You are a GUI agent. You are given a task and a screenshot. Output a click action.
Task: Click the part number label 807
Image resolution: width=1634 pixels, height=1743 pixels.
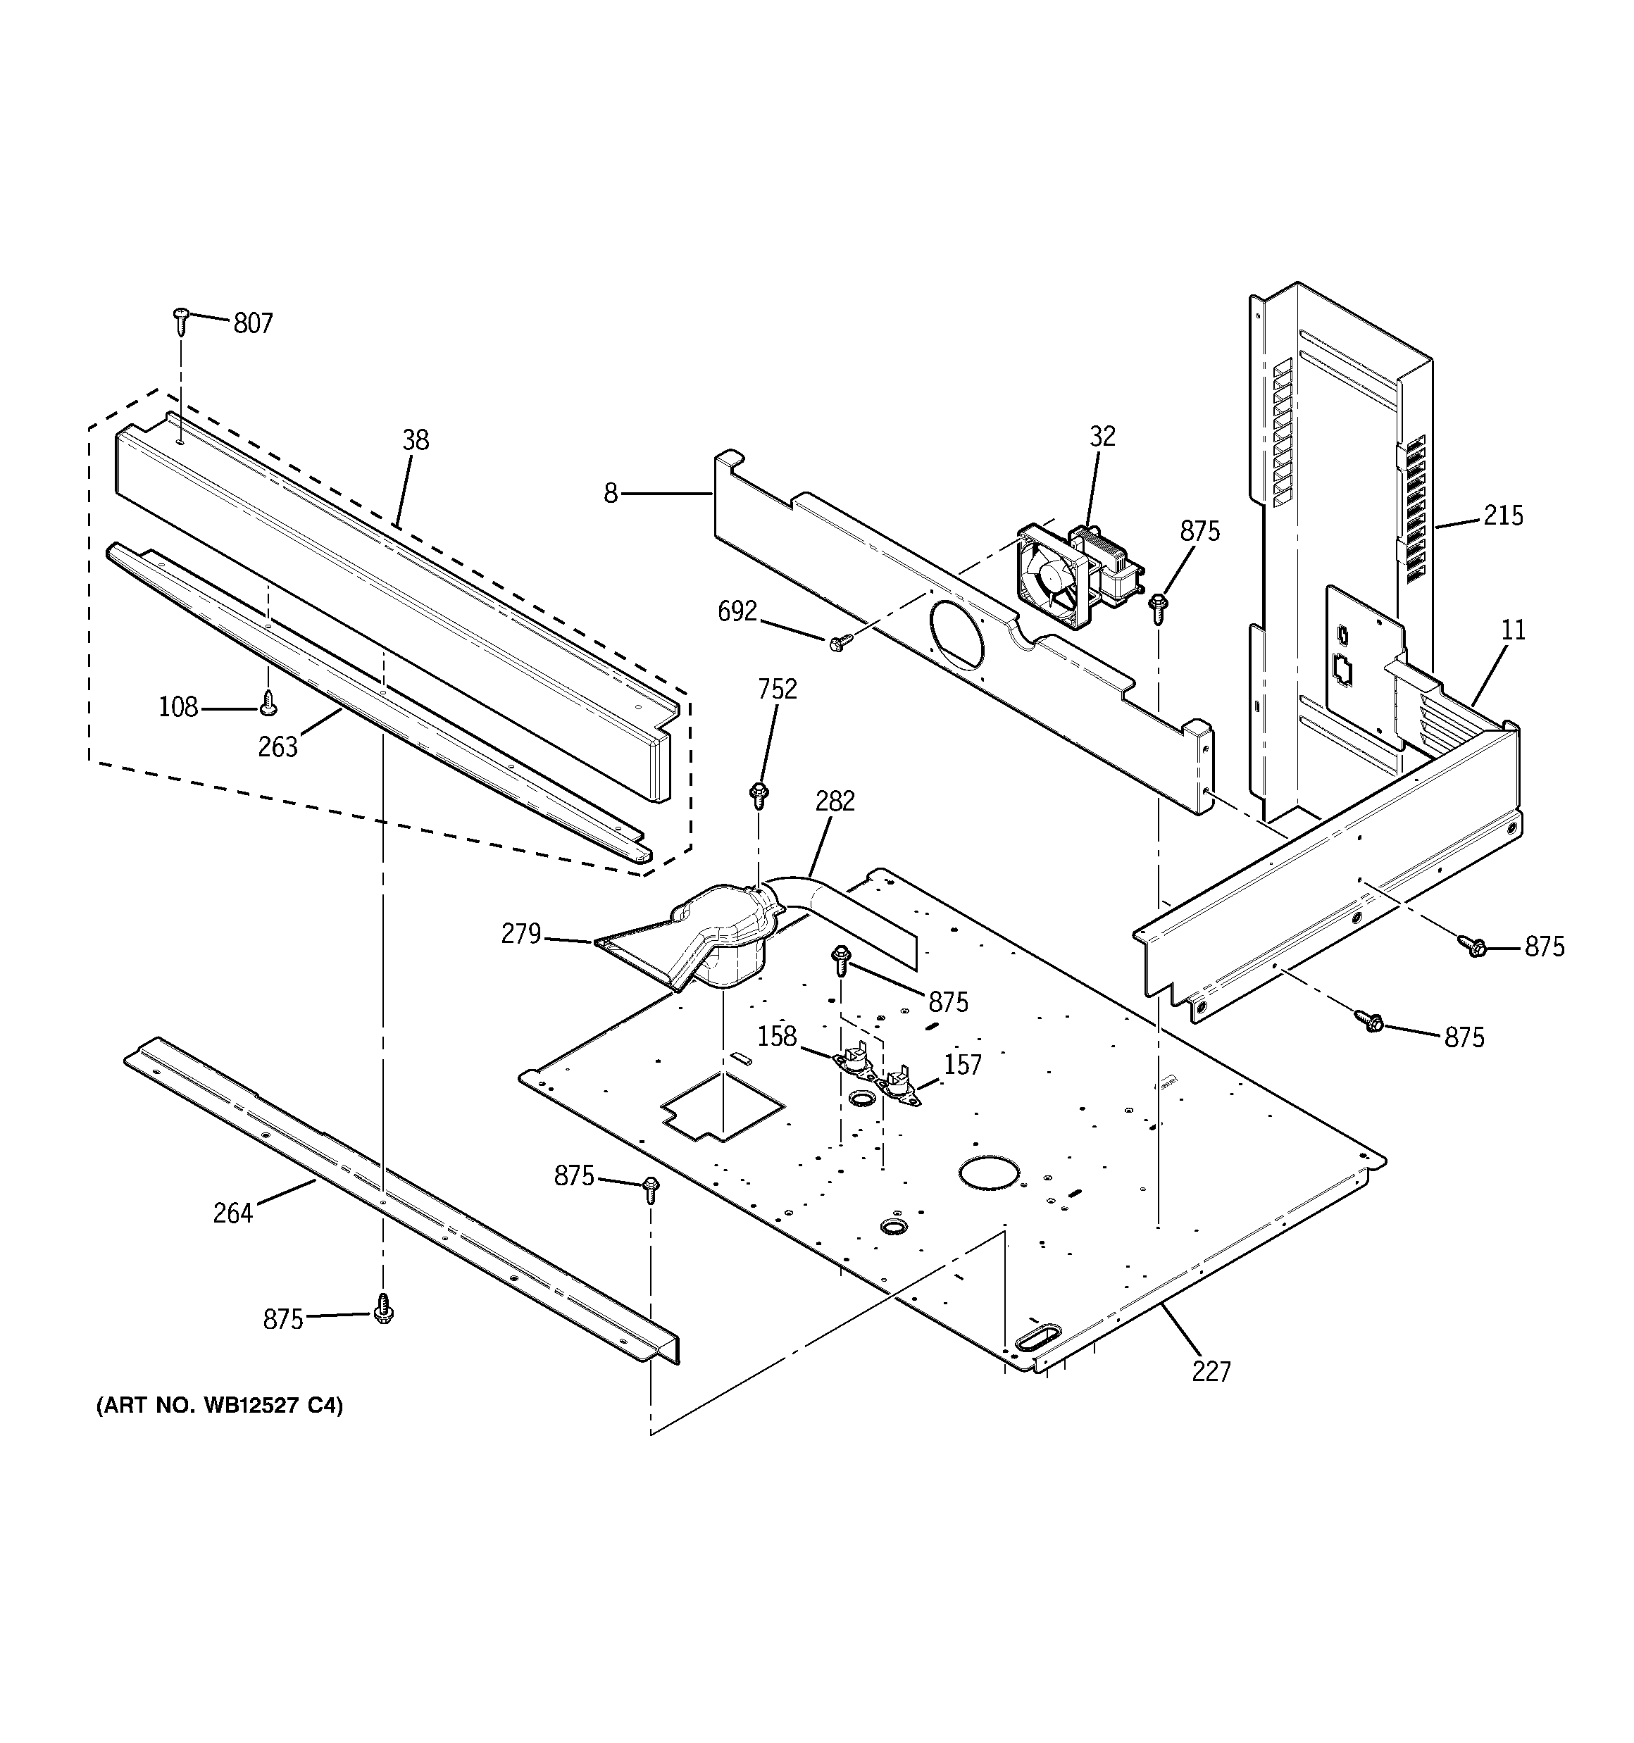253,323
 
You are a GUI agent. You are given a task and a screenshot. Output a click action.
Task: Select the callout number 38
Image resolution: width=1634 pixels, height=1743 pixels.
416,440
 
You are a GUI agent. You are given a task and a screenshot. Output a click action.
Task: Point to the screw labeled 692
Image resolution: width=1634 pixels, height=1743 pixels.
836,644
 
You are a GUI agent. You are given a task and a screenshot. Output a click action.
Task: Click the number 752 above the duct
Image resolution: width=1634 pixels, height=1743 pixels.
777,690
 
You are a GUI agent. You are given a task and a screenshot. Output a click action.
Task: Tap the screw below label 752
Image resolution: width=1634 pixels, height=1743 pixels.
759,795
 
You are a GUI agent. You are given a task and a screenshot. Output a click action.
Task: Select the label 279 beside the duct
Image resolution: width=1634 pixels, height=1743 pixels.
521,935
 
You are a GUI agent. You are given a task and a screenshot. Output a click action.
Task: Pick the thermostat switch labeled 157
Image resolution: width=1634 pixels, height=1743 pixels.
899,1087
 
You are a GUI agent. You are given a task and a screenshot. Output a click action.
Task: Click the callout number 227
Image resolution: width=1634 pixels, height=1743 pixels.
1211,1370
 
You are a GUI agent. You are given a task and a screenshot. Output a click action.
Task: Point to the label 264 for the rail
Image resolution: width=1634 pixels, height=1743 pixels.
232,1213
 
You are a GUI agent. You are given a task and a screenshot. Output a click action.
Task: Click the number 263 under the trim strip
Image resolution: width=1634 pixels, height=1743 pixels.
277,747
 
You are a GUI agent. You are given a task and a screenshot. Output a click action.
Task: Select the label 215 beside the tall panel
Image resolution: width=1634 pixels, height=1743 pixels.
1502,516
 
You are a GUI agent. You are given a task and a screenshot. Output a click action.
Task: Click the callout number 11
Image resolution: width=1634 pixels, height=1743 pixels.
1513,630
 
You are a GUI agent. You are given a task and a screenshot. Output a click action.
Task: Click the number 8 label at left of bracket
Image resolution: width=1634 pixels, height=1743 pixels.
611,494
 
